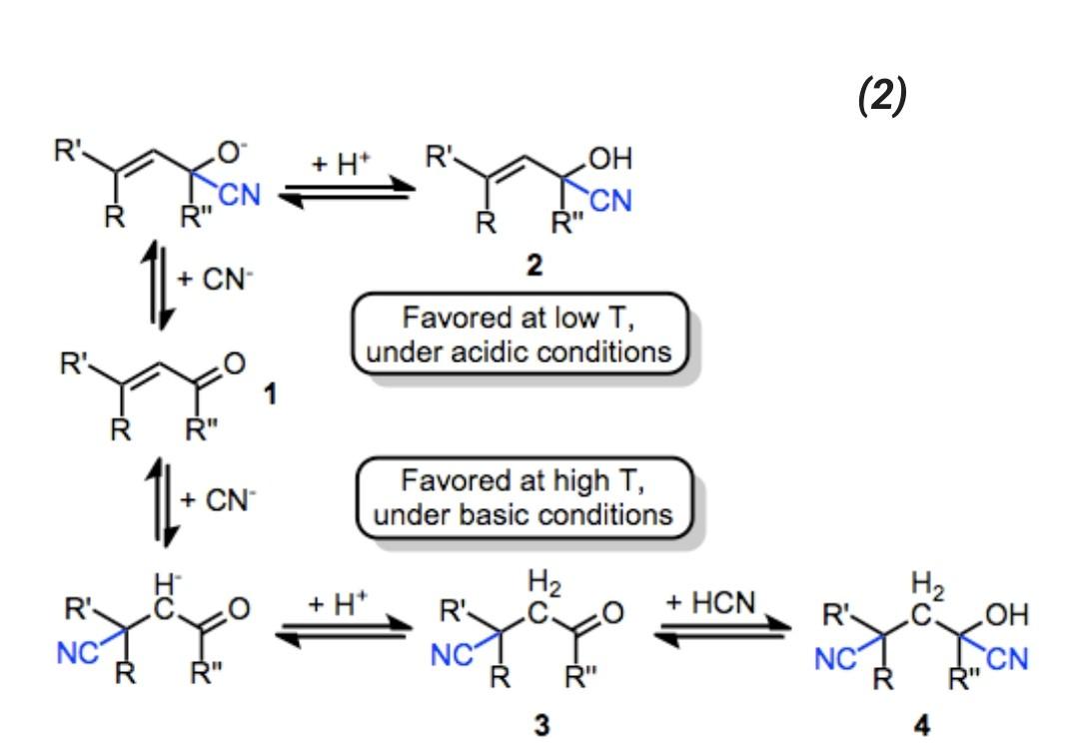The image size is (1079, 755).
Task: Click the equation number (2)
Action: [x=882, y=96]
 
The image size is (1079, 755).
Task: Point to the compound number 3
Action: [x=541, y=726]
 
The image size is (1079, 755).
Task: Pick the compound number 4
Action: [x=922, y=726]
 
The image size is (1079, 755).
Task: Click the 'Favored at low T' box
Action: [x=521, y=335]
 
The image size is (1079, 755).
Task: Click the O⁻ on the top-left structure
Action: [x=234, y=153]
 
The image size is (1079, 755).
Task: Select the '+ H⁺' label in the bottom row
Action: [x=337, y=604]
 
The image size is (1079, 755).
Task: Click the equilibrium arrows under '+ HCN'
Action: [x=722, y=636]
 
